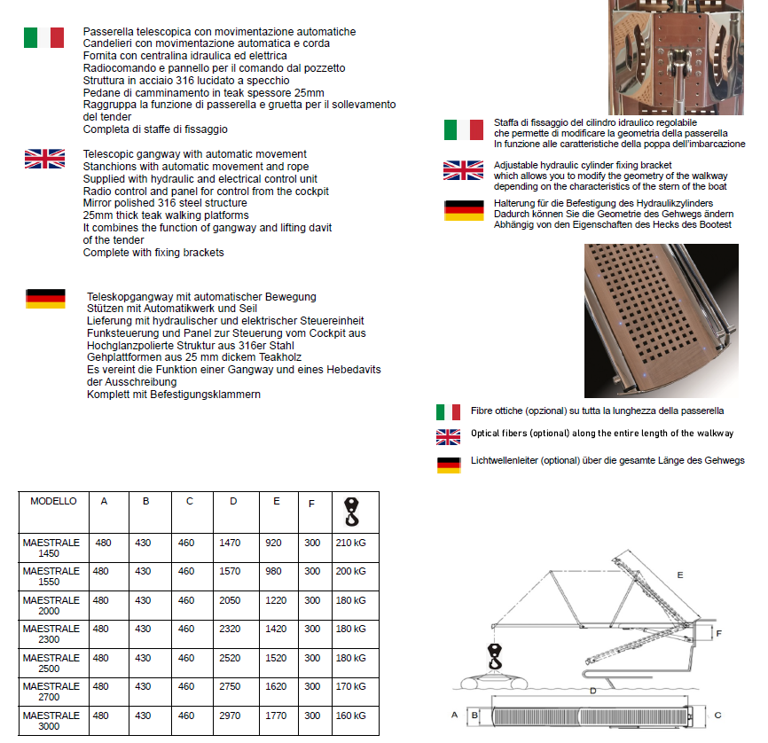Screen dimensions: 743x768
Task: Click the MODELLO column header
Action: coord(53,502)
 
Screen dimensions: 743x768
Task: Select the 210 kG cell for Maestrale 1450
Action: coord(350,543)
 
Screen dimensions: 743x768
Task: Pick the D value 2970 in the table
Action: coord(230,716)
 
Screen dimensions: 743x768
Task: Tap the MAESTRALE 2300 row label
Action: coord(51,634)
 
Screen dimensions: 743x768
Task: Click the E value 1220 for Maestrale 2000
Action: coord(275,600)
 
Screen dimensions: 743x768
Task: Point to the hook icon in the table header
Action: coord(351,512)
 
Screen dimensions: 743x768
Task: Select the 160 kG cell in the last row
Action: coord(350,716)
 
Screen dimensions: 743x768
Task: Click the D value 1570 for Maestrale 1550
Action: coord(230,572)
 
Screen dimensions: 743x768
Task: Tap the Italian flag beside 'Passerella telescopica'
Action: coord(43,37)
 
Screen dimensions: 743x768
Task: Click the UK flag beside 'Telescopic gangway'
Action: coord(43,159)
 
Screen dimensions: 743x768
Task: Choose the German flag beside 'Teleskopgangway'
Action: coord(45,299)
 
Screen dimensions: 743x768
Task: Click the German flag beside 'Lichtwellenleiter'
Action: coord(448,463)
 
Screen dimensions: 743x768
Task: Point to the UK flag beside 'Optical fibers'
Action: coord(448,436)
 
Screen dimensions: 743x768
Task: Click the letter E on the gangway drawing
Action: coord(680,575)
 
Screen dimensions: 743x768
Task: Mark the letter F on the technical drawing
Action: coord(719,633)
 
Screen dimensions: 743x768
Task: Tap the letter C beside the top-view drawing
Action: coord(717,714)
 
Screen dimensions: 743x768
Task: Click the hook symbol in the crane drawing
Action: coord(494,658)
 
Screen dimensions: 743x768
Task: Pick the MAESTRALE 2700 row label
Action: coord(51,692)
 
